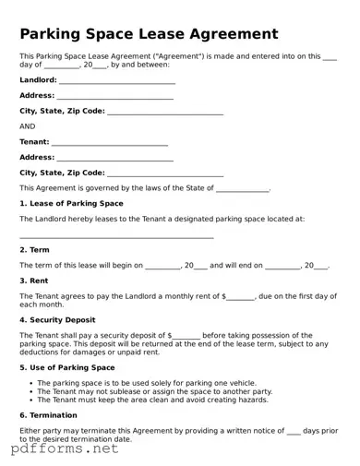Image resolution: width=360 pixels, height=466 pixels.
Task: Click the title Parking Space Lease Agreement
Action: (149, 34)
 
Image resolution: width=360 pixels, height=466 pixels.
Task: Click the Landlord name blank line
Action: (117, 81)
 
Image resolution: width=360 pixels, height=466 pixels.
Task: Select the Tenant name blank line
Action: (110, 142)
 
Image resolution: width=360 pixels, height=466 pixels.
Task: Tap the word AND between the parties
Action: (28, 126)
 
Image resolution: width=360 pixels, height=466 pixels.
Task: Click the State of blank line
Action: (243, 188)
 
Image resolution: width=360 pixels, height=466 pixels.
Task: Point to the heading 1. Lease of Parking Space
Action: (71, 203)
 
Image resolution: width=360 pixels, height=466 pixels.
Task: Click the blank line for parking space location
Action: (116, 235)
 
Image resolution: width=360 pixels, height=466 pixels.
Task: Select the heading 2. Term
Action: (35, 250)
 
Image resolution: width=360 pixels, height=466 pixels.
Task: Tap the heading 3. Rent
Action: (35, 281)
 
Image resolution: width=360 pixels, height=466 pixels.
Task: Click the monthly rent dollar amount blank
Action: (241, 296)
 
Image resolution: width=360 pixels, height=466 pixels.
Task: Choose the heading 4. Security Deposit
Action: (57, 319)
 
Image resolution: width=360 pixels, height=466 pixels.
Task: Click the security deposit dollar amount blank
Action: (186, 335)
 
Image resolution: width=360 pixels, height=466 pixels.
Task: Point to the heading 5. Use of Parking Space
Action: (67, 367)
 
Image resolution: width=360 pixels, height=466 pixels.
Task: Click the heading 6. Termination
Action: (51, 415)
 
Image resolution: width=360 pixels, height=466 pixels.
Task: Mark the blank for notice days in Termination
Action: (294, 431)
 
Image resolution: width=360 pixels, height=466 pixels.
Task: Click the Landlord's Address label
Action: (37, 96)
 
